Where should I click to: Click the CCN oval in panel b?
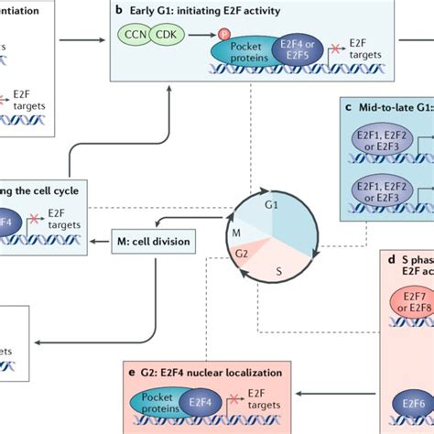pyautogui.click(x=134, y=36)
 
